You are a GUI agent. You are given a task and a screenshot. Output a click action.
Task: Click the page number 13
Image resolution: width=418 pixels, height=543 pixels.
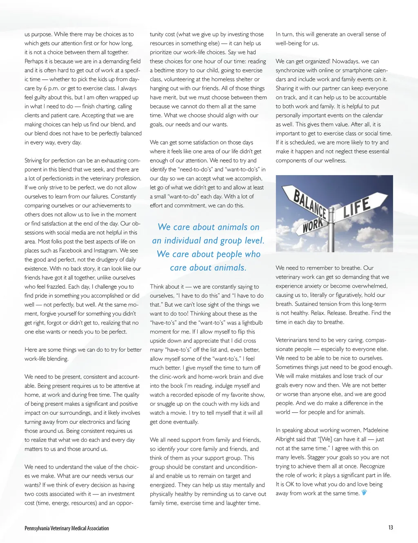point(391,527)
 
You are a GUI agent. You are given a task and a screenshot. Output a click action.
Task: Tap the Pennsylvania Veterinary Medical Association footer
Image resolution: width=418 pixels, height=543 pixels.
point(67,528)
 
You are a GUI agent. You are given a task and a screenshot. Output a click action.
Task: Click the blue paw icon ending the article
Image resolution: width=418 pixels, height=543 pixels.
point(364,492)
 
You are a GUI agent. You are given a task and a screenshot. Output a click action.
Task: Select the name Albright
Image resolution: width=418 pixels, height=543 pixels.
point(289,439)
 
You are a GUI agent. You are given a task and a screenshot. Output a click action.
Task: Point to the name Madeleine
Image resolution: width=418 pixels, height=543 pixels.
point(376,430)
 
